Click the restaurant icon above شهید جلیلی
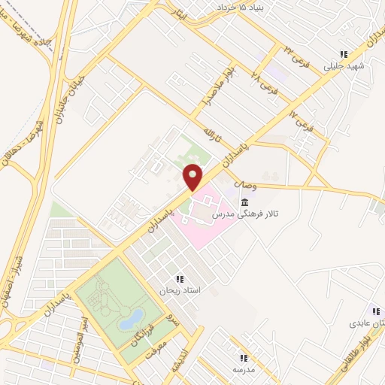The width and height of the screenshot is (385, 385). pos(344,54)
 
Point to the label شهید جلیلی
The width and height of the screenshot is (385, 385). pos(344,66)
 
